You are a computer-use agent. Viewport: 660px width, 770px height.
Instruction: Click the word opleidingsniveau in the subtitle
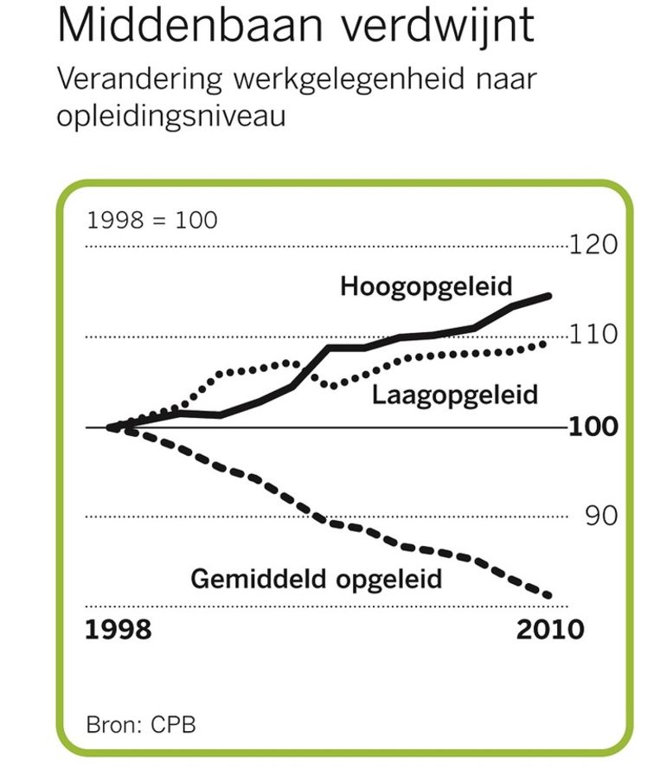[x=170, y=116]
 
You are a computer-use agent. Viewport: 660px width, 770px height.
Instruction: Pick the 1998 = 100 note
[x=152, y=220]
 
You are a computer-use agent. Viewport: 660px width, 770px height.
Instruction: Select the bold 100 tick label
[x=593, y=427]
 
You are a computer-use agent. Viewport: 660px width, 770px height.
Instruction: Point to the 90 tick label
[x=600, y=517]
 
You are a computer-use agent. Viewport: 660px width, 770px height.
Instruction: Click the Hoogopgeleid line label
[x=426, y=286]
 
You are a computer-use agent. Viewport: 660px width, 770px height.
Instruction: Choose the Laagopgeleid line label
[x=455, y=395]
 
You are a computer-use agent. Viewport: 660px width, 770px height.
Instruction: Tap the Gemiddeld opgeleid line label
[x=316, y=578]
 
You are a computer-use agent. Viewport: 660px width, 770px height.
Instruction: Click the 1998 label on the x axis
[x=119, y=629]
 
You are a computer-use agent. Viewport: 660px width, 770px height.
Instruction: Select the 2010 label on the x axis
[x=550, y=629]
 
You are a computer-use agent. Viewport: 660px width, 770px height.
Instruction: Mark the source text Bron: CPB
[x=141, y=723]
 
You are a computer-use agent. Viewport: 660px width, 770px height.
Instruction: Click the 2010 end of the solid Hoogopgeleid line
[x=549, y=296]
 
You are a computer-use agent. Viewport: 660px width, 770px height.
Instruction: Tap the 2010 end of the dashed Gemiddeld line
[x=548, y=595]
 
